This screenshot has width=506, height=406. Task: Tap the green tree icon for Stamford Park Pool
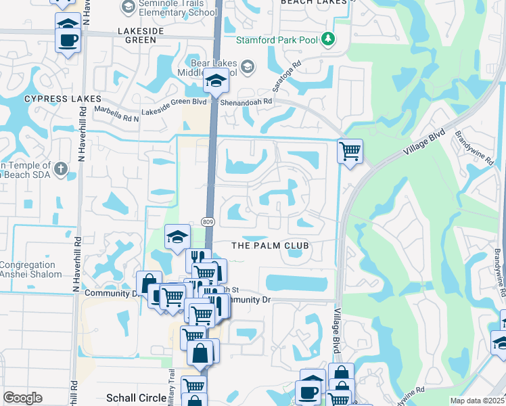329,39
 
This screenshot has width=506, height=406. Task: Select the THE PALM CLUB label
271,245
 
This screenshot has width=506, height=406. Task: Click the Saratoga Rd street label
287,78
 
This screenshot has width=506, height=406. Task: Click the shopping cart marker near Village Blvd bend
350,151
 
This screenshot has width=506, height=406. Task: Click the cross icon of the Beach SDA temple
61,168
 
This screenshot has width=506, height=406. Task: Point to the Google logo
22,398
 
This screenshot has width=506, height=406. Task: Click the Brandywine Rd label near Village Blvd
471,148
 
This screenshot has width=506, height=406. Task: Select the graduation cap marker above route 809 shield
177,236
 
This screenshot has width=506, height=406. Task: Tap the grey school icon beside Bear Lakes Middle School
248,66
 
